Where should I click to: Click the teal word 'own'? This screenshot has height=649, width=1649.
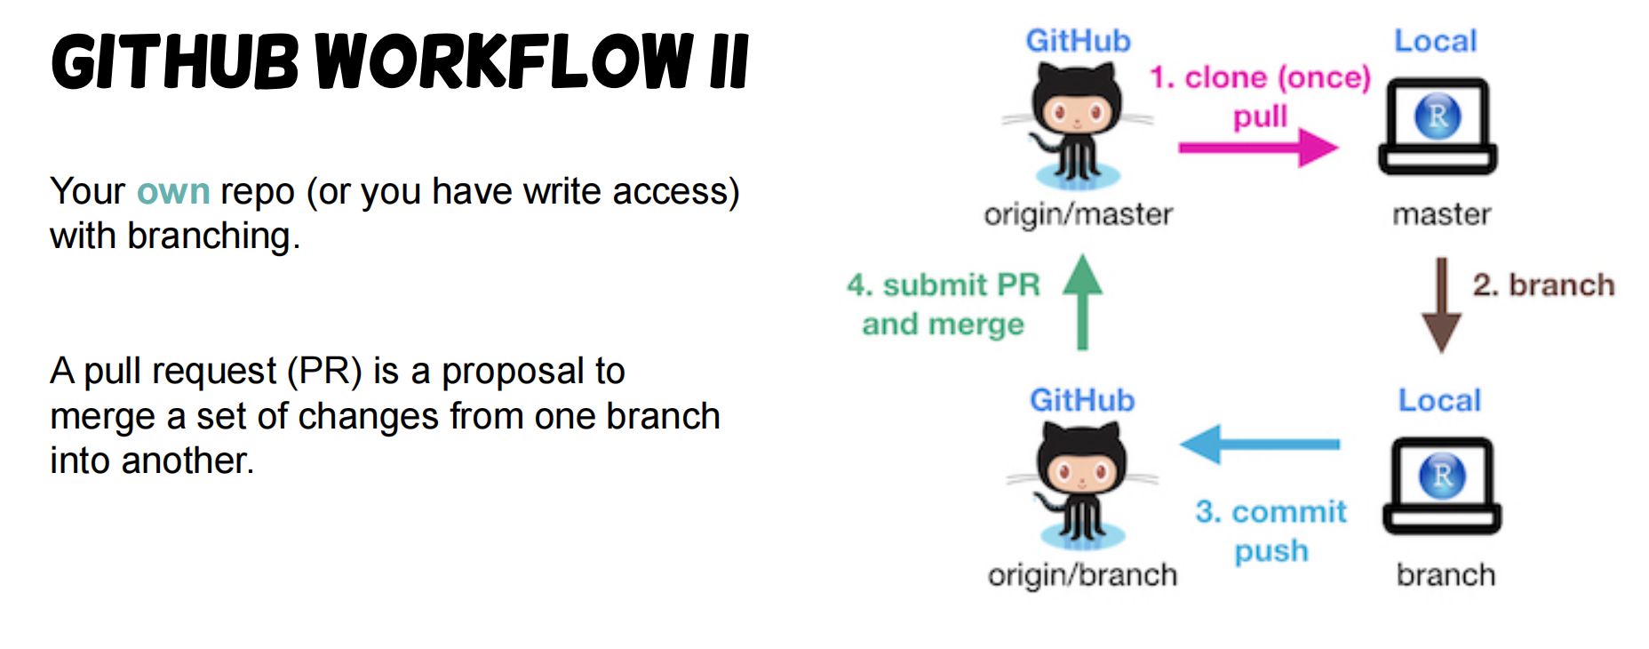click(x=173, y=192)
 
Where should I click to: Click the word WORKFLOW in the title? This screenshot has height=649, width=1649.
click(x=505, y=61)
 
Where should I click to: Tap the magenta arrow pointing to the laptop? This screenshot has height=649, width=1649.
click(x=1258, y=147)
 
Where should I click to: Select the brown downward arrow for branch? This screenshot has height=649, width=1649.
click(x=1441, y=305)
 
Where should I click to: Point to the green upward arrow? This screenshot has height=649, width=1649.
click(x=1082, y=301)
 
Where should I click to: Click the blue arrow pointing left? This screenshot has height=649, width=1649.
click(x=1260, y=444)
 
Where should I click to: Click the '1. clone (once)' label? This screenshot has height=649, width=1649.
click(x=1260, y=78)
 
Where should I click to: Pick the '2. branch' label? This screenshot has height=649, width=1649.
click(x=1543, y=284)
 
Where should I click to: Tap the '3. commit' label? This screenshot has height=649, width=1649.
click(x=1271, y=511)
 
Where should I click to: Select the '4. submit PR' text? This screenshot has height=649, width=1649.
click(x=944, y=284)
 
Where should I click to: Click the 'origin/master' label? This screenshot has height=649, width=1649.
click(x=1078, y=215)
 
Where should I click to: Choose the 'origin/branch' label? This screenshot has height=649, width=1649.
click(x=1082, y=575)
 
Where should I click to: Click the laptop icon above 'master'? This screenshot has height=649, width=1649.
click(x=1438, y=126)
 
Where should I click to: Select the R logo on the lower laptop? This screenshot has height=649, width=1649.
click(x=1442, y=475)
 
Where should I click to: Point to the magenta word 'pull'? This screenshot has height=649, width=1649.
click(x=1260, y=116)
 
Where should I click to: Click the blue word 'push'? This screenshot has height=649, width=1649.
click(x=1271, y=551)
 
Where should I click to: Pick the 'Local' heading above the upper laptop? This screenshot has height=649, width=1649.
click(x=1435, y=41)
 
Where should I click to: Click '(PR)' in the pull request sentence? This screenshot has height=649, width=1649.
click(x=324, y=372)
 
